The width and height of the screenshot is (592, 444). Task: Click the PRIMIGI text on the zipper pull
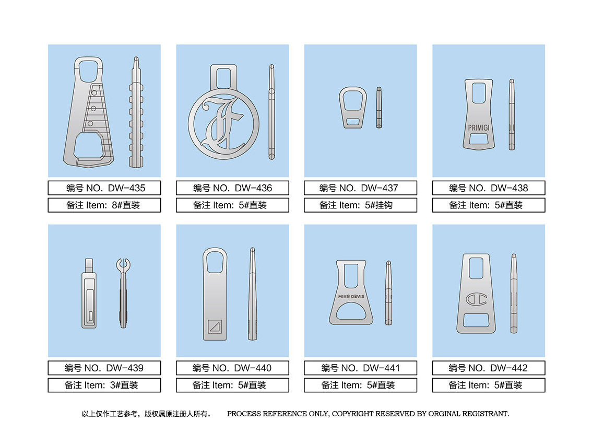pos(478,128)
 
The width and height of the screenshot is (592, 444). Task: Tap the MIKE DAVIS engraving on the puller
pos(351,296)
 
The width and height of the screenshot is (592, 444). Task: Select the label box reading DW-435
pos(104,188)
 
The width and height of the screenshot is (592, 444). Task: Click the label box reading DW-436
pos(232,188)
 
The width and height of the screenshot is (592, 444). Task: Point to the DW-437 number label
pos(361,188)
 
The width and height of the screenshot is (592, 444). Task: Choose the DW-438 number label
pos(489,188)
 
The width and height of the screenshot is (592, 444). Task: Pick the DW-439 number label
pos(104,368)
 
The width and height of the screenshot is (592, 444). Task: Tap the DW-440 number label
pos(232,368)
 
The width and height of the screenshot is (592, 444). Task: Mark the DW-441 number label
pos(361,368)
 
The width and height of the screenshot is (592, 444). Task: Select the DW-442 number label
pos(489,368)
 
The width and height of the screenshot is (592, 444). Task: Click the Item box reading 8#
pos(104,205)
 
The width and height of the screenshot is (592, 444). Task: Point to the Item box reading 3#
pos(104,385)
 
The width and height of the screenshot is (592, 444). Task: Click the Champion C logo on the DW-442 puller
pos(476,299)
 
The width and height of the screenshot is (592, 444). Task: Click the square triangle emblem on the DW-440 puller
pos(215,326)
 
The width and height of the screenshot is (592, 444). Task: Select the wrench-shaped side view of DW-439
pos(123,293)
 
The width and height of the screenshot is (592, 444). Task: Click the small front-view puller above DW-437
pos(353,108)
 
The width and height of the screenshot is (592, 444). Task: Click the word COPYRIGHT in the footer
pos(352,414)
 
